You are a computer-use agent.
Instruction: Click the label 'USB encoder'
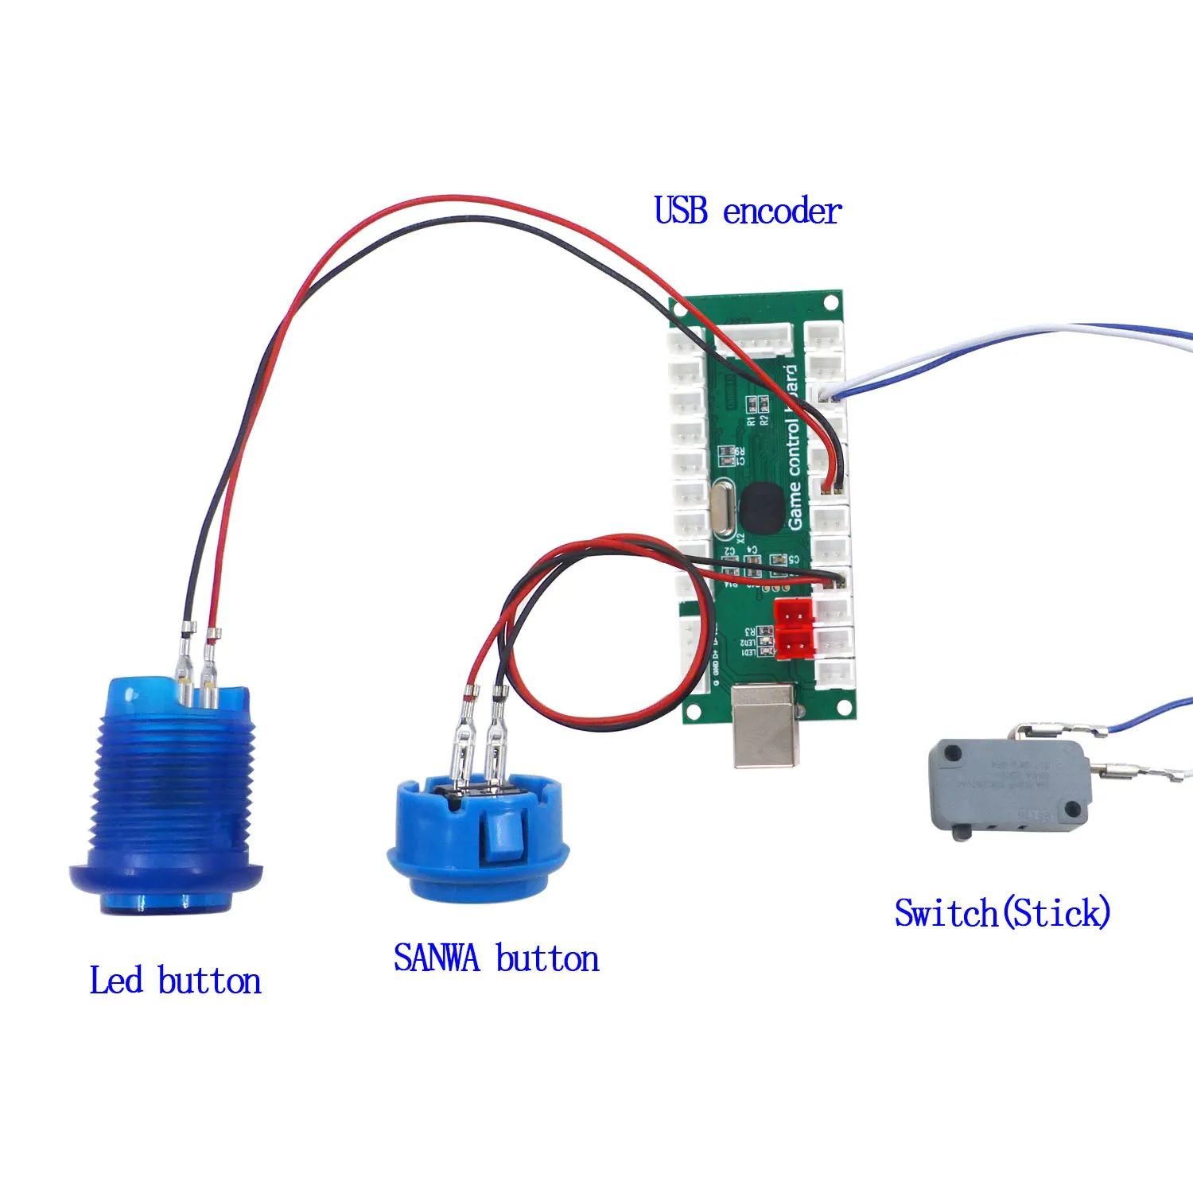tap(747, 212)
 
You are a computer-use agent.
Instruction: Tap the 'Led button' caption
tap(175, 981)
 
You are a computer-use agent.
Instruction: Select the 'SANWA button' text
tap(496, 958)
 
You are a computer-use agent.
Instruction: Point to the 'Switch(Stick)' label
tap(1002, 912)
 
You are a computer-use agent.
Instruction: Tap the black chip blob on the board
tap(762, 507)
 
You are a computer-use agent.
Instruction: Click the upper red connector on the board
tap(794, 612)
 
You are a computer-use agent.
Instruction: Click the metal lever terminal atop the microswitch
tap(1050, 729)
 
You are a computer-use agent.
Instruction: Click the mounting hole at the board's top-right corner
tap(830, 302)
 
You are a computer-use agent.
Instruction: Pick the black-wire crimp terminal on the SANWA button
tap(498, 728)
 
